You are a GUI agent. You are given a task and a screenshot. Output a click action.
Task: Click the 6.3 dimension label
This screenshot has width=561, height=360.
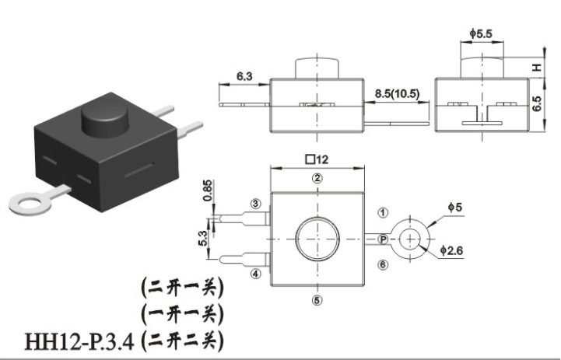coord(244,76)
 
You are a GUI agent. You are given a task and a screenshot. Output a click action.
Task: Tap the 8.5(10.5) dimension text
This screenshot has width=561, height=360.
coord(397,93)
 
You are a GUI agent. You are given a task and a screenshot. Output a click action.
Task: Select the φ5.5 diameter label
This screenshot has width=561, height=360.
coord(481,34)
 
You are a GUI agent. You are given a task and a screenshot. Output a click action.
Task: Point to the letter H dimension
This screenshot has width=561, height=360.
coord(537,67)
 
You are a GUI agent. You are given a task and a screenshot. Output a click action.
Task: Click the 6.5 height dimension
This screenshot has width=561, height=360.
coord(537,103)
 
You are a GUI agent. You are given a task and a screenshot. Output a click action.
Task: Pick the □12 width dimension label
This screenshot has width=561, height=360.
coord(317,159)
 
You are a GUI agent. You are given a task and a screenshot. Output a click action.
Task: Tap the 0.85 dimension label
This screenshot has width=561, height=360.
coord(207,190)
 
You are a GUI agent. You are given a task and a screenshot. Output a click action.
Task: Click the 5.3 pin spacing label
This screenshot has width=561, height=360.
coord(202,238)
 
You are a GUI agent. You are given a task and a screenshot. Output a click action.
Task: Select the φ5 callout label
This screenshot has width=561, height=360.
coord(455,207)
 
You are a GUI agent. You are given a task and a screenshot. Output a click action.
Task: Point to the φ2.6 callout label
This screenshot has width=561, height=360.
coord(451,250)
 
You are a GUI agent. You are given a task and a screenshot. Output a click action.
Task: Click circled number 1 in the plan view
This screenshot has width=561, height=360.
coord(383,213)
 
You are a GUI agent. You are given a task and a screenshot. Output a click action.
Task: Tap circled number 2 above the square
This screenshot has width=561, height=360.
coord(317,178)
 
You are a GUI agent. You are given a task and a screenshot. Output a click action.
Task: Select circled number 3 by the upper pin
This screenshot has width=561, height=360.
coord(255,204)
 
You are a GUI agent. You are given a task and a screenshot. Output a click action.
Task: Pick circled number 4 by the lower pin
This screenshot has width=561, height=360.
coord(255,274)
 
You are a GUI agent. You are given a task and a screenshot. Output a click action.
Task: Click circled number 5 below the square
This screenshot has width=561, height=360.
coord(317,300)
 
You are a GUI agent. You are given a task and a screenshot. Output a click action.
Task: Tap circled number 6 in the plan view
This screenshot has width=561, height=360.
coord(383,264)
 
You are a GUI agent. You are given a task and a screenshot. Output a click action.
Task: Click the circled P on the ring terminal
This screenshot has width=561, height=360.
coord(383,239)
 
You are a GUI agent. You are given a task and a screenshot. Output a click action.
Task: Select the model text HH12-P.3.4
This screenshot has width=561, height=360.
coord(79,341)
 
